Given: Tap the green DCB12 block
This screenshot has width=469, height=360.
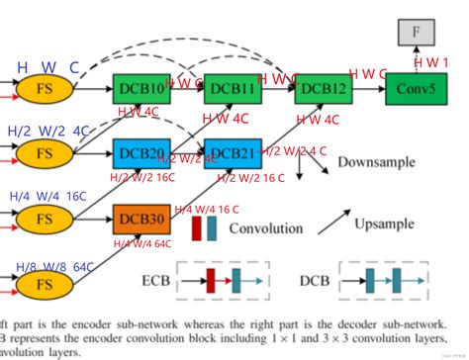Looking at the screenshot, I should [324, 89].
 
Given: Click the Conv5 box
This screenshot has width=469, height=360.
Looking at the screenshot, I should [416, 89].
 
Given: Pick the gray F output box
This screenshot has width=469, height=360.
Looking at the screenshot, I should [416, 32].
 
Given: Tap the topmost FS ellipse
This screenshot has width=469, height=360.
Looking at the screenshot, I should [43, 89].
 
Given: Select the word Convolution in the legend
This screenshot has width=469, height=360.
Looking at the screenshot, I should [266, 228].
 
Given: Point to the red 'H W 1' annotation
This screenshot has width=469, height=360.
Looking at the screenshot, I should [430, 62].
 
